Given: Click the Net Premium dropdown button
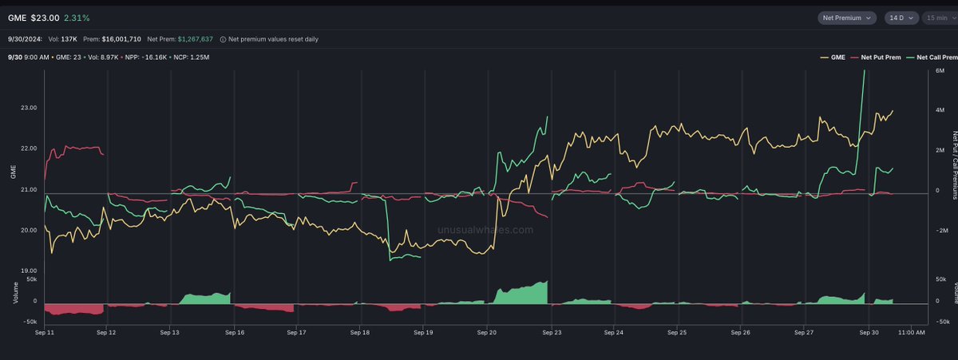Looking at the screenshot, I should (x=847, y=17).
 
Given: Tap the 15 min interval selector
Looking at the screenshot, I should (x=935, y=17).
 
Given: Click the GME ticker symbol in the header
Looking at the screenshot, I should (x=17, y=17).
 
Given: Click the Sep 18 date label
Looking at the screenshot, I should (x=360, y=332).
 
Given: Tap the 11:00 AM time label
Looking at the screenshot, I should (x=910, y=332).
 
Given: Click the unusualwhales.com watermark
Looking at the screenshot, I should (x=485, y=230).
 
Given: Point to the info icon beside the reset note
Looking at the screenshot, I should (x=224, y=38).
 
